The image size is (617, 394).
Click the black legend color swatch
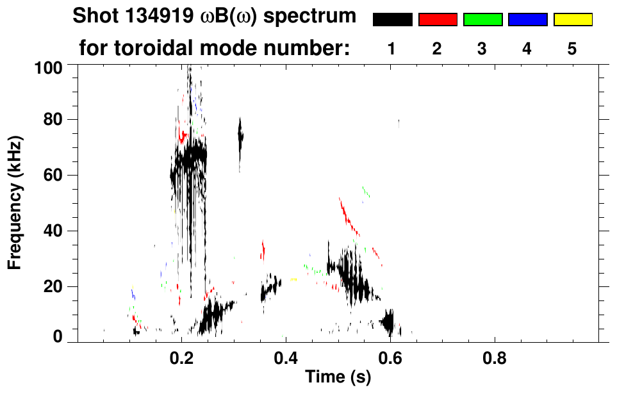pyautogui.click(x=392, y=20)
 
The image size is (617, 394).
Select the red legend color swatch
pyautogui.click(x=438, y=20)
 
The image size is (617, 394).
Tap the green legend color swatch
pyautogui.click(x=482, y=20)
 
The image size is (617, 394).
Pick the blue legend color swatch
pyautogui.click(x=527, y=20)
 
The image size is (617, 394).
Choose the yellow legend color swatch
pyautogui.click(x=573, y=20)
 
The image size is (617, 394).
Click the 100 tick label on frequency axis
pyautogui.click(x=48, y=67)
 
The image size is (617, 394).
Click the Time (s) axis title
pyautogui.click(x=338, y=378)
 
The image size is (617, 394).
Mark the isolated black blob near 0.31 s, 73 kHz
pyautogui.click(x=241, y=136)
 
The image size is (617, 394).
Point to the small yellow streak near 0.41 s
pyautogui.click(x=293, y=280)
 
